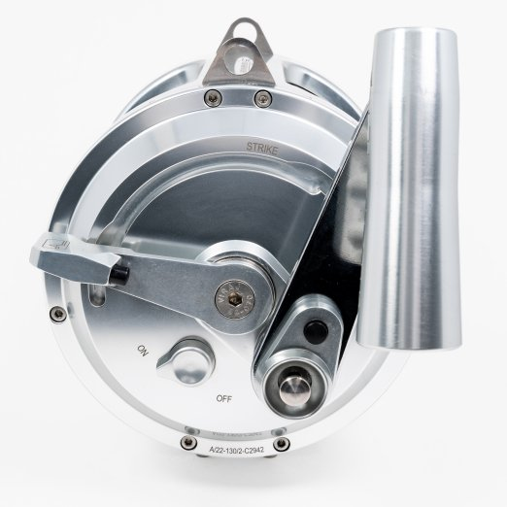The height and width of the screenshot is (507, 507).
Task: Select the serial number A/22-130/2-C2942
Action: (x=230, y=451)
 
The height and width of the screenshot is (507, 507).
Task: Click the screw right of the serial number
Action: (x=282, y=443)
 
